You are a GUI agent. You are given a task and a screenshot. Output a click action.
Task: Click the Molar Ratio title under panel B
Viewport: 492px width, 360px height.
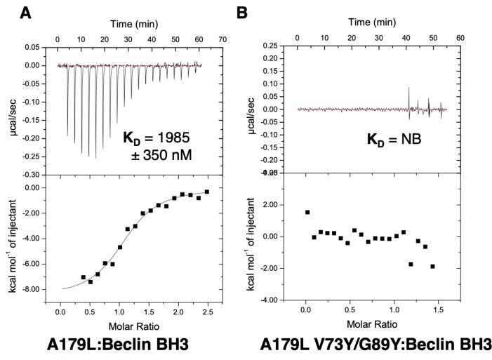tap(372, 324)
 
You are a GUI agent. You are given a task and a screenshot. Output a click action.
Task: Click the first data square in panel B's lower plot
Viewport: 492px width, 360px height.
tap(307, 212)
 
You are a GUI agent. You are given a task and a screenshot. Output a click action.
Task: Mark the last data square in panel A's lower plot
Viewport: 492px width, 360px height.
tap(207, 191)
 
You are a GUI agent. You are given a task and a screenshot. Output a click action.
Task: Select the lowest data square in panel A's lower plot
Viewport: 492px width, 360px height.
tap(91, 281)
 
